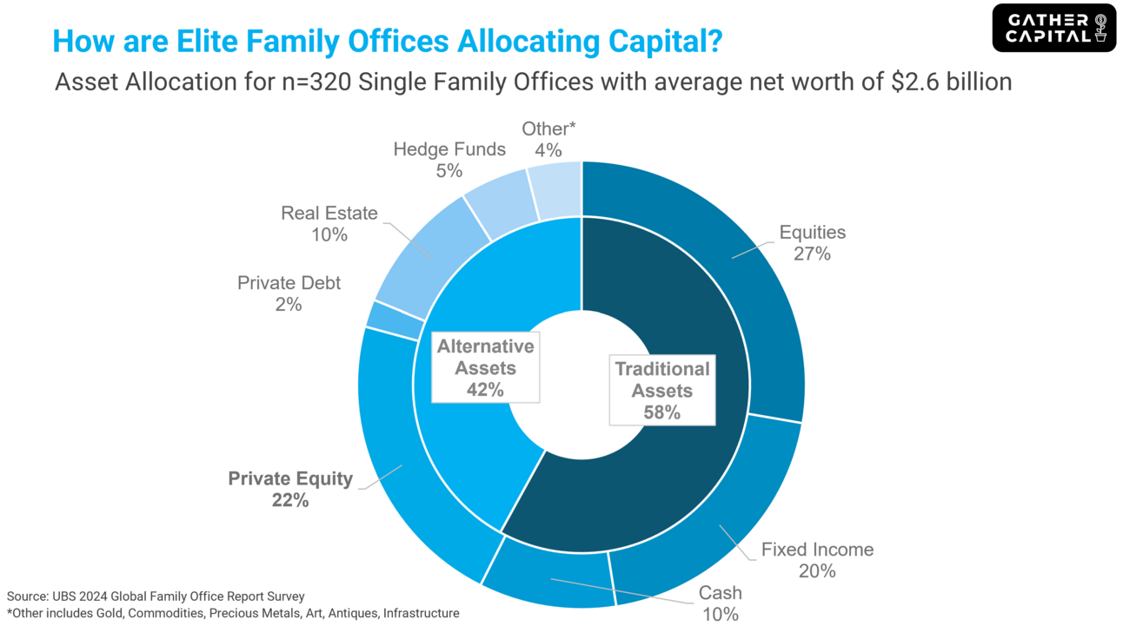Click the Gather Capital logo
click(1053, 28)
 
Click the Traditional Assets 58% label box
click(661, 391)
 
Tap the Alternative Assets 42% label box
click(485, 368)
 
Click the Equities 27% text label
click(812, 243)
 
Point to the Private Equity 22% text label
click(290, 489)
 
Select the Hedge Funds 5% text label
click(449, 160)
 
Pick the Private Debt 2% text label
click(289, 293)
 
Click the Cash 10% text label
click(721, 603)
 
